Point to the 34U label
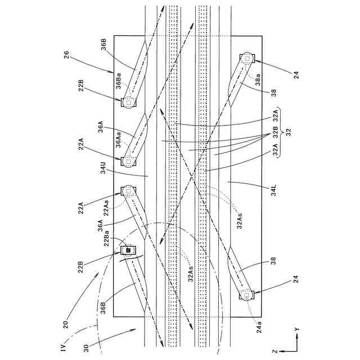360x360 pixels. click(x=103, y=169)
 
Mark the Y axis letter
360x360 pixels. click(x=297, y=327)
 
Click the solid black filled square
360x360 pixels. click(x=128, y=249)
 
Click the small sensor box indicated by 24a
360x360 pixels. click(x=247, y=294)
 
